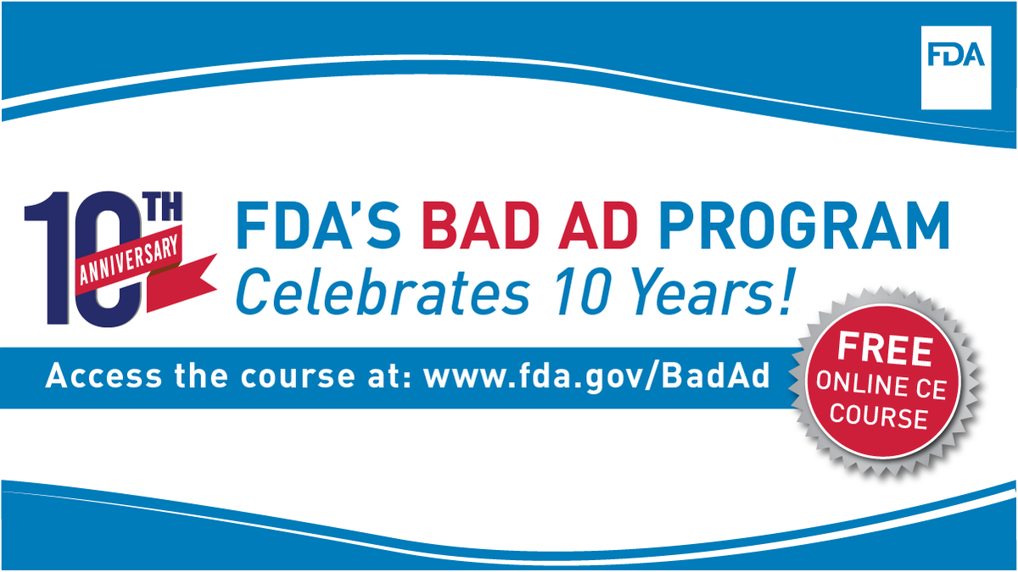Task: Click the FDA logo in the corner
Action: pyautogui.click(x=955, y=56)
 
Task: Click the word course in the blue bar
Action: pyautogui.click(x=289, y=376)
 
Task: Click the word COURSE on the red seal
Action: pyautogui.click(x=879, y=416)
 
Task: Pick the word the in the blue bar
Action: pyautogui.click(x=198, y=376)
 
